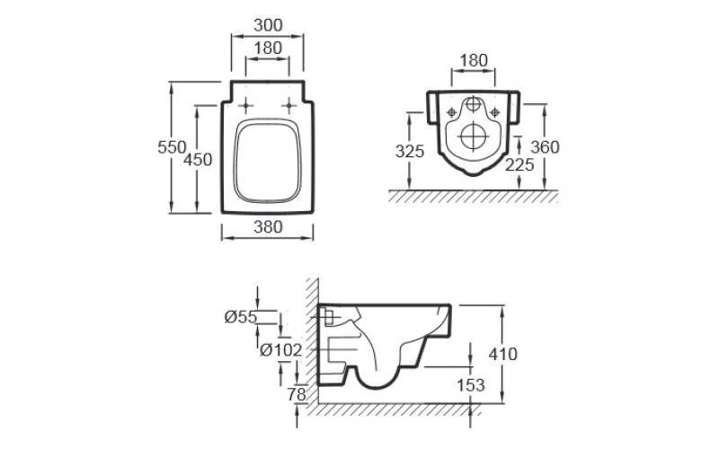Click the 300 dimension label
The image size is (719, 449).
click(x=268, y=25)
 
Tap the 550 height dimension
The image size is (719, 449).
click(x=172, y=147)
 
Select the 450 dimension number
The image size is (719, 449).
click(x=198, y=160)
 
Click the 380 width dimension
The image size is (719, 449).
click(x=268, y=227)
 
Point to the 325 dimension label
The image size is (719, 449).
click(x=410, y=151)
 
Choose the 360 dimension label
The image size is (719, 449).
click(x=546, y=147)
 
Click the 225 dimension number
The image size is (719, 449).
click(x=519, y=165)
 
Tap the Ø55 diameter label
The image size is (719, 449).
click(x=241, y=317)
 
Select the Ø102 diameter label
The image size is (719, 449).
click(x=281, y=350)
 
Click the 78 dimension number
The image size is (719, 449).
click(x=297, y=394)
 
